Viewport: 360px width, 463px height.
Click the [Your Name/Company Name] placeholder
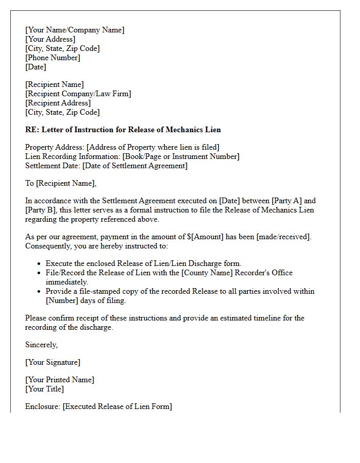(75, 30)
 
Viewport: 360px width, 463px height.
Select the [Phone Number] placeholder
(52, 58)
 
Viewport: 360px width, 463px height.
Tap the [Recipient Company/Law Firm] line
(78, 94)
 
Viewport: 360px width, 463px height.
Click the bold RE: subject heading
(123, 130)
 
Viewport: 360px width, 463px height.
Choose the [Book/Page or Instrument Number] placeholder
(181, 156)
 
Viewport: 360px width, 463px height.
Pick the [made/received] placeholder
(285, 237)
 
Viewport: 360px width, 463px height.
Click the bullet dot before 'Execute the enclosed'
(40, 264)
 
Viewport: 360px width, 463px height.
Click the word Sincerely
(41, 345)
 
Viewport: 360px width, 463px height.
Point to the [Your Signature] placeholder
(52, 362)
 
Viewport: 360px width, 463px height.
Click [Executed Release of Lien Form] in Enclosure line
(117, 406)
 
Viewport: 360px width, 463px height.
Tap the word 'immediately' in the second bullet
(67, 282)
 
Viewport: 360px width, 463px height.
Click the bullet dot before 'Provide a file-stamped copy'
(40, 292)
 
